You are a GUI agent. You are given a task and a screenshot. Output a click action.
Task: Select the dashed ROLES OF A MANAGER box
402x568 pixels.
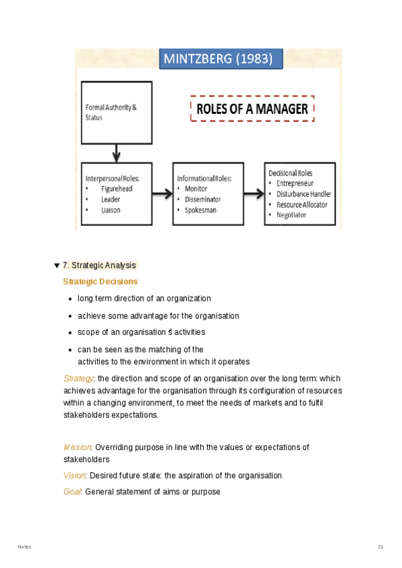(x=253, y=109)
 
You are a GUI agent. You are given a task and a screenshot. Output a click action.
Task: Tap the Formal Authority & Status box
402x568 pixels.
(x=116, y=113)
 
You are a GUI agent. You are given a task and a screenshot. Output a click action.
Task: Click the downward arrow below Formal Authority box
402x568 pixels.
(x=116, y=153)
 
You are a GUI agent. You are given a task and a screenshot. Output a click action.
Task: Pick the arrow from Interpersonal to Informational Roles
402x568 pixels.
(x=161, y=194)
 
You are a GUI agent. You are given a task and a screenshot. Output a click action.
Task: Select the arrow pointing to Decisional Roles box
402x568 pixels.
(x=253, y=194)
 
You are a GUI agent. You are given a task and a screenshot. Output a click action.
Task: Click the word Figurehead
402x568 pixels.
(x=117, y=189)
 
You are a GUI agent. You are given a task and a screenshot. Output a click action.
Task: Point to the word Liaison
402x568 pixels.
(x=111, y=210)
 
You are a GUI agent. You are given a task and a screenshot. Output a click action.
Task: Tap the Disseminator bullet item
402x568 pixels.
(x=202, y=200)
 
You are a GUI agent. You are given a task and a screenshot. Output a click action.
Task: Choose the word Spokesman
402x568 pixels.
(x=201, y=210)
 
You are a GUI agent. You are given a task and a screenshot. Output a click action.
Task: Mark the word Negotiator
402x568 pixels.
(x=291, y=215)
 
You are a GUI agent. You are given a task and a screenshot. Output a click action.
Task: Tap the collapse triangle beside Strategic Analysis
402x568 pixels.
(x=57, y=266)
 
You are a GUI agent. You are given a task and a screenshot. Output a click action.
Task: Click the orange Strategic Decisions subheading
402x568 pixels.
(x=100, y=282)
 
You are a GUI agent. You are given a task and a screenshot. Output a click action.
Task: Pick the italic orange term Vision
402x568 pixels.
(x=74, y=476)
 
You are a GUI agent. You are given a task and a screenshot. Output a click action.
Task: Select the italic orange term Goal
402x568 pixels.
(x=72, y=492)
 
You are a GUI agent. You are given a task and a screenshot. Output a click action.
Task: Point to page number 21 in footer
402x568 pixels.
(x=381, y=547)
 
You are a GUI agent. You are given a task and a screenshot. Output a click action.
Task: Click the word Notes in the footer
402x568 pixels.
(x=24, y=547)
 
